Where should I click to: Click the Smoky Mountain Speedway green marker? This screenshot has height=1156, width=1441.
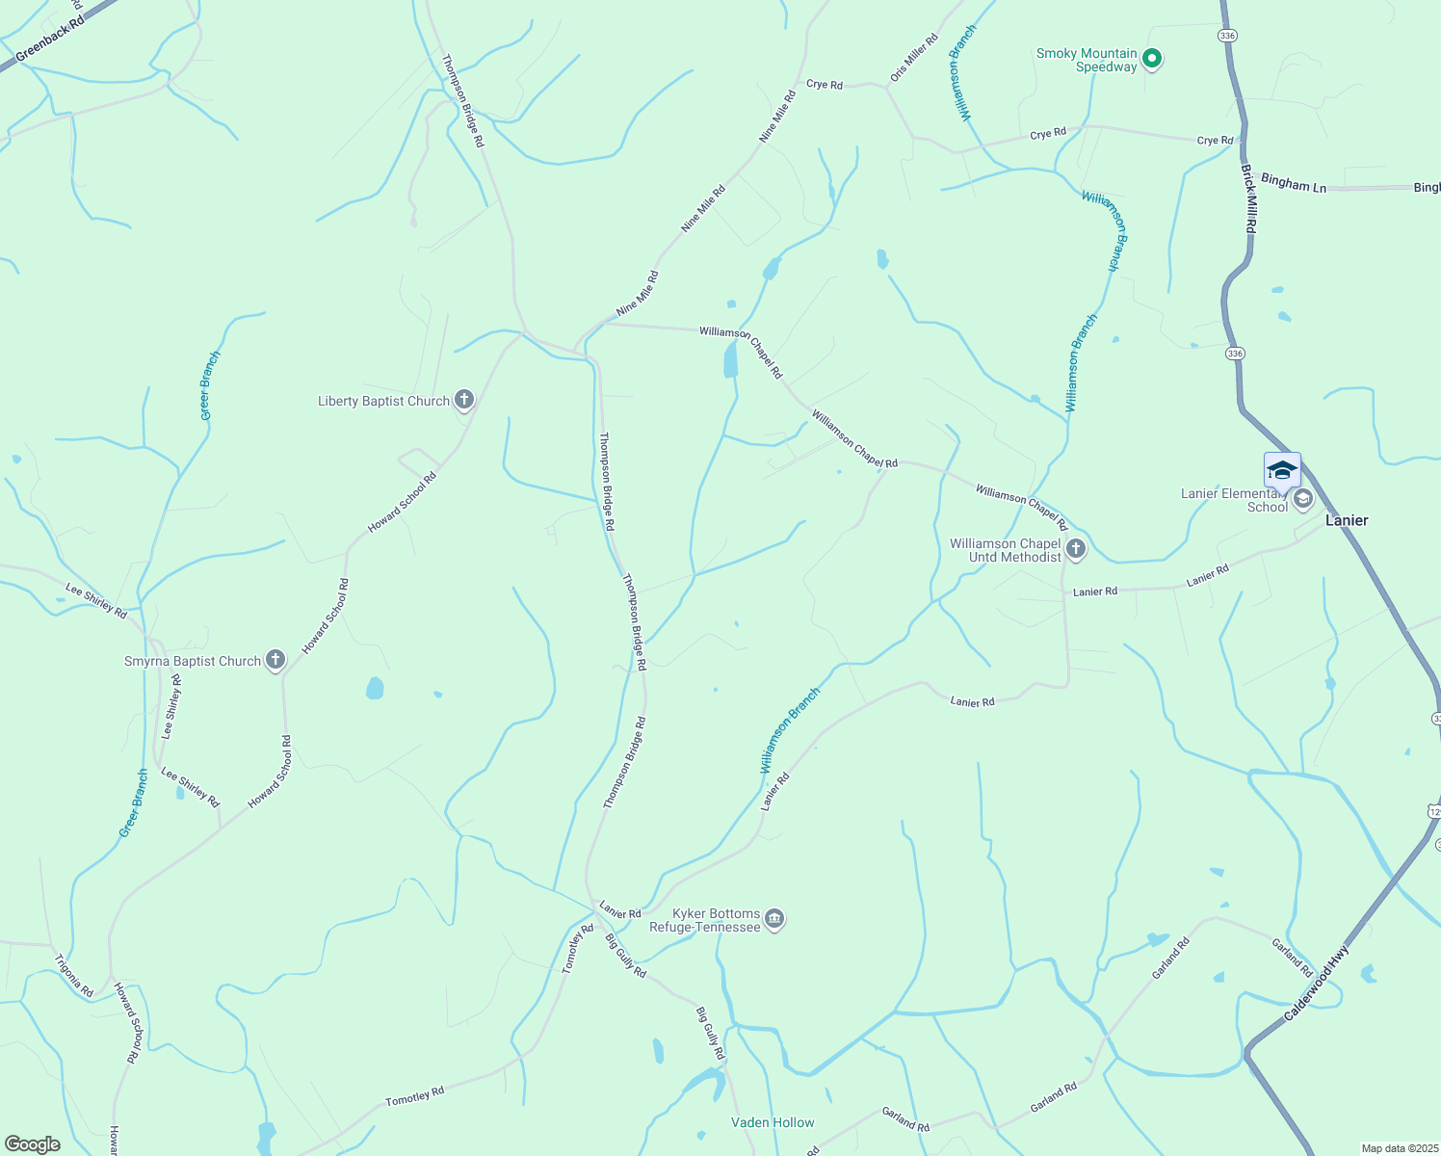coord(1151,60)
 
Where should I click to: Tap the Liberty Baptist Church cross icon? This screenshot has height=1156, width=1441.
coord(464,400)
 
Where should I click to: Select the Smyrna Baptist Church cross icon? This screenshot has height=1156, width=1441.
coord(275,660)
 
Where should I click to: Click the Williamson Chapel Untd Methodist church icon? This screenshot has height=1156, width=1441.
coord(1076,549)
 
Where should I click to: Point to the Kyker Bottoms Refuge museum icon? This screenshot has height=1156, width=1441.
coord(774,920)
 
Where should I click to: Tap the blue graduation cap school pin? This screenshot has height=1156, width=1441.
coord(1282,470)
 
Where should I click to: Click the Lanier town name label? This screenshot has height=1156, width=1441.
coord(1347,520)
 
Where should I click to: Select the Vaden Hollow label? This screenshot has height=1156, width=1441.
coord(773,1122)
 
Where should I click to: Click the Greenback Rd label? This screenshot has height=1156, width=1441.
coord(50,43)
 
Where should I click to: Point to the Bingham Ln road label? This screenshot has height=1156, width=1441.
coord(1294,183)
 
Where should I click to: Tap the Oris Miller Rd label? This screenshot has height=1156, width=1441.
coord(914,58)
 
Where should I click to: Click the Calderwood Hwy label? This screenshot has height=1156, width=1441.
coord(1317,983)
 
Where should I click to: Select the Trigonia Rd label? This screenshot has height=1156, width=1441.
coord(74,975)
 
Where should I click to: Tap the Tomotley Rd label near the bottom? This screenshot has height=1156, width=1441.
coord(414,1096)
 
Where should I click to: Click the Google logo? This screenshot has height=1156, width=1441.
coord(33,1144)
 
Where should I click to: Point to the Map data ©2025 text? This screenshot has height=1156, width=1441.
coord(1399,1148)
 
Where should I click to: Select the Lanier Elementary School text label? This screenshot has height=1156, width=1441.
coord(1235,500)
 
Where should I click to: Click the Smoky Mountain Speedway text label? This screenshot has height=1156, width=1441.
coord(1087,60)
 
